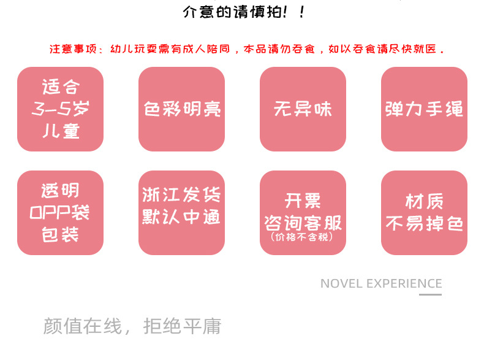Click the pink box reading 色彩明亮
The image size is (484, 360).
coord(181,109)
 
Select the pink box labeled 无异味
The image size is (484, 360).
coord(303,109)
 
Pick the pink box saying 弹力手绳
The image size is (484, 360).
coord(424,109)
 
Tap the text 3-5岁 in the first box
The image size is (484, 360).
coord(60,109)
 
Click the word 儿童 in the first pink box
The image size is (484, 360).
coord(60,131)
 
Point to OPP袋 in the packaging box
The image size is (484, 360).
coord(60,213)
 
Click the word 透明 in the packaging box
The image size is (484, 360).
coord(60,191)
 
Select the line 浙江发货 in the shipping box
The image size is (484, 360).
coord(181,196)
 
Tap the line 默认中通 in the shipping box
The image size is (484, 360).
coord(181,218)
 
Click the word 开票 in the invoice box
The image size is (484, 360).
coord(303,201)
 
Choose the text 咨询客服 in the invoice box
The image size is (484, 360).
coord(303,221)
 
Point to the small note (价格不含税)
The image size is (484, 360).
coord(303,236)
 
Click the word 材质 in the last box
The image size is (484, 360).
coord(424,201)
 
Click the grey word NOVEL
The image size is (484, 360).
coord(341,283)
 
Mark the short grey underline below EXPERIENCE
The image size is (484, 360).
coord(430,294)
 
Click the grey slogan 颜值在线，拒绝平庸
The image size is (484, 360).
coord(132,326)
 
